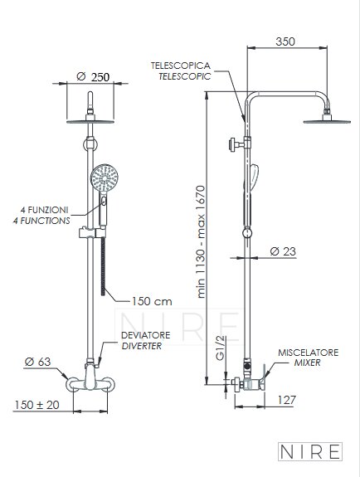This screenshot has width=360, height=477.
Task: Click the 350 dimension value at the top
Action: (285, 41)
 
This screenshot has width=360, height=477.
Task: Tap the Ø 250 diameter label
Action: (93, 76)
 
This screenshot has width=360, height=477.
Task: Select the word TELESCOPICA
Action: (181, 66)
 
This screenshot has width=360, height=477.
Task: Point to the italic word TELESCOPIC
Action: (185, 76)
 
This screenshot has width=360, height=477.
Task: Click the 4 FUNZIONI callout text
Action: (45, 210)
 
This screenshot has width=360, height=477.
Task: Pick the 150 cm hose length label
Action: (152, 301)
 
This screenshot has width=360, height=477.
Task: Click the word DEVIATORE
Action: (146, 335)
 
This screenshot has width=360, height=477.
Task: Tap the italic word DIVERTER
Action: (142, 346)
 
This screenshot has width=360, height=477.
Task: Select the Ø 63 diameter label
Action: (37, 362)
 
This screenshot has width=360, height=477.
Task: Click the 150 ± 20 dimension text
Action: (36, 405)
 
